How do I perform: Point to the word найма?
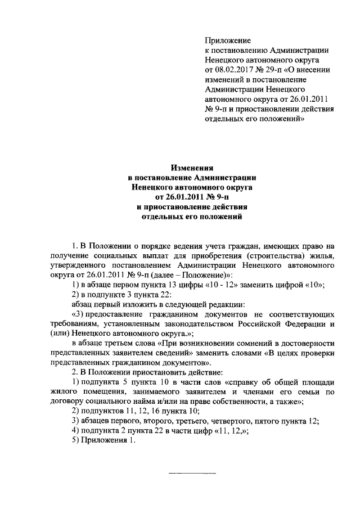pyautogui.click(x=152, y=402)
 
